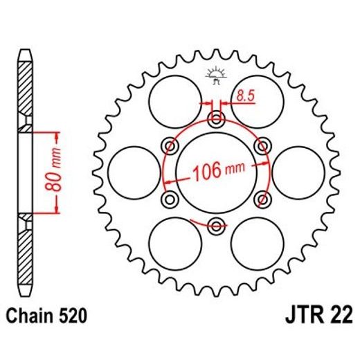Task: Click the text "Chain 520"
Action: pos(48,318)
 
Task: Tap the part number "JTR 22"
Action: pos(318,318)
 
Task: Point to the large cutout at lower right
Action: pos(256,242)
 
